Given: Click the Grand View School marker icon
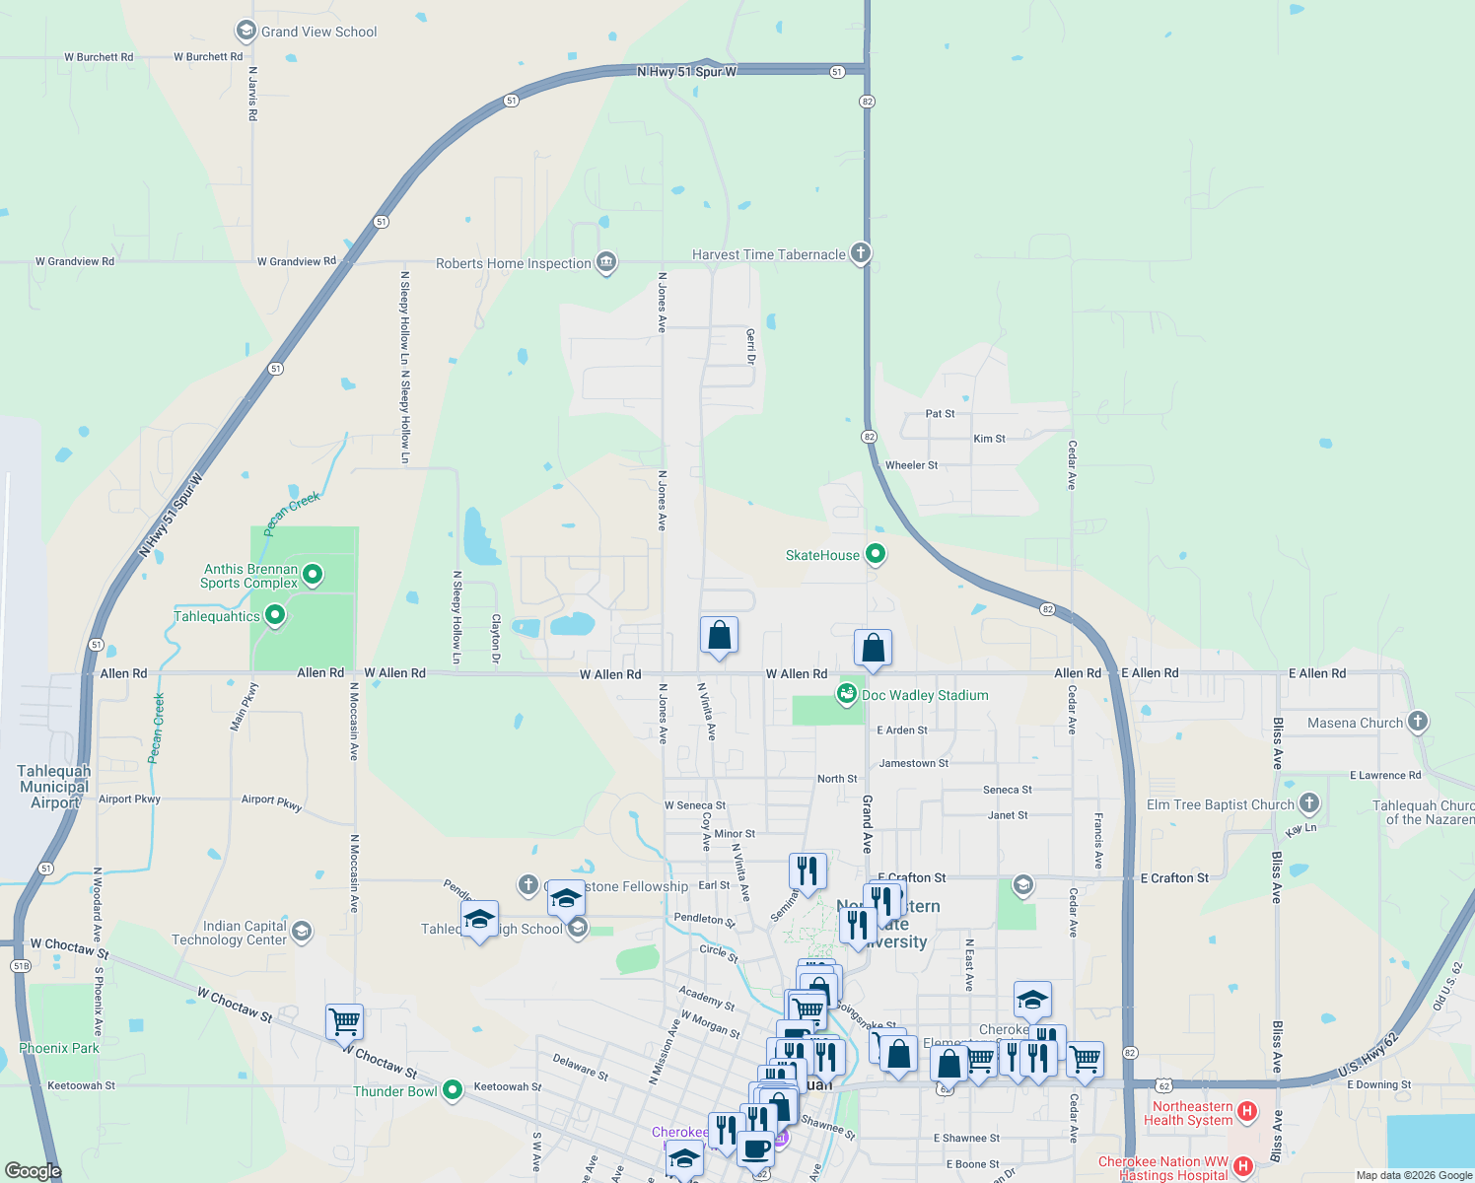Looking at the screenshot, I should (246, 32).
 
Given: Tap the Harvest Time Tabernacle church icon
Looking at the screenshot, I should (861, 254).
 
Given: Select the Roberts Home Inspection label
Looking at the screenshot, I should (514, 263).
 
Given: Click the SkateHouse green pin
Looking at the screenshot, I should (875, 554).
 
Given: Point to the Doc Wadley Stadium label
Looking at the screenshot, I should (925, 695).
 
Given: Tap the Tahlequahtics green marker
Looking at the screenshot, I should (275, 616).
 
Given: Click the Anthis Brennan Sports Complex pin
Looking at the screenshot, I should (313, 574).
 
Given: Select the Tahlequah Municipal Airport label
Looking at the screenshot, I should (54, 787).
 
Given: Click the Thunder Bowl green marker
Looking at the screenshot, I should (453, 1090).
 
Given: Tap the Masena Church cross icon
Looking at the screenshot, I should (1417, 722).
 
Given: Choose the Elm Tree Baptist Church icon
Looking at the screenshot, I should (1308, 803).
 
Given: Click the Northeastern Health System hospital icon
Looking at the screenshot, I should (1246, 1113).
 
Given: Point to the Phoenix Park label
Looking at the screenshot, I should (59, 1048).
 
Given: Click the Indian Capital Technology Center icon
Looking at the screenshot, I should (302, 931).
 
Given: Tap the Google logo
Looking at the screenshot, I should (33, 1171).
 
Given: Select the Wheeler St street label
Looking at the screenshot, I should (911, 465).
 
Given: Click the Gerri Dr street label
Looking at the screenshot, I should (750, 347).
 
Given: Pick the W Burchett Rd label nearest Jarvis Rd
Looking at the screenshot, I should (208, 57).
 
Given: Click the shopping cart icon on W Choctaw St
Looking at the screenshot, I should (344, 1021).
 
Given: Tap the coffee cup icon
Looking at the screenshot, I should (755, 1148).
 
